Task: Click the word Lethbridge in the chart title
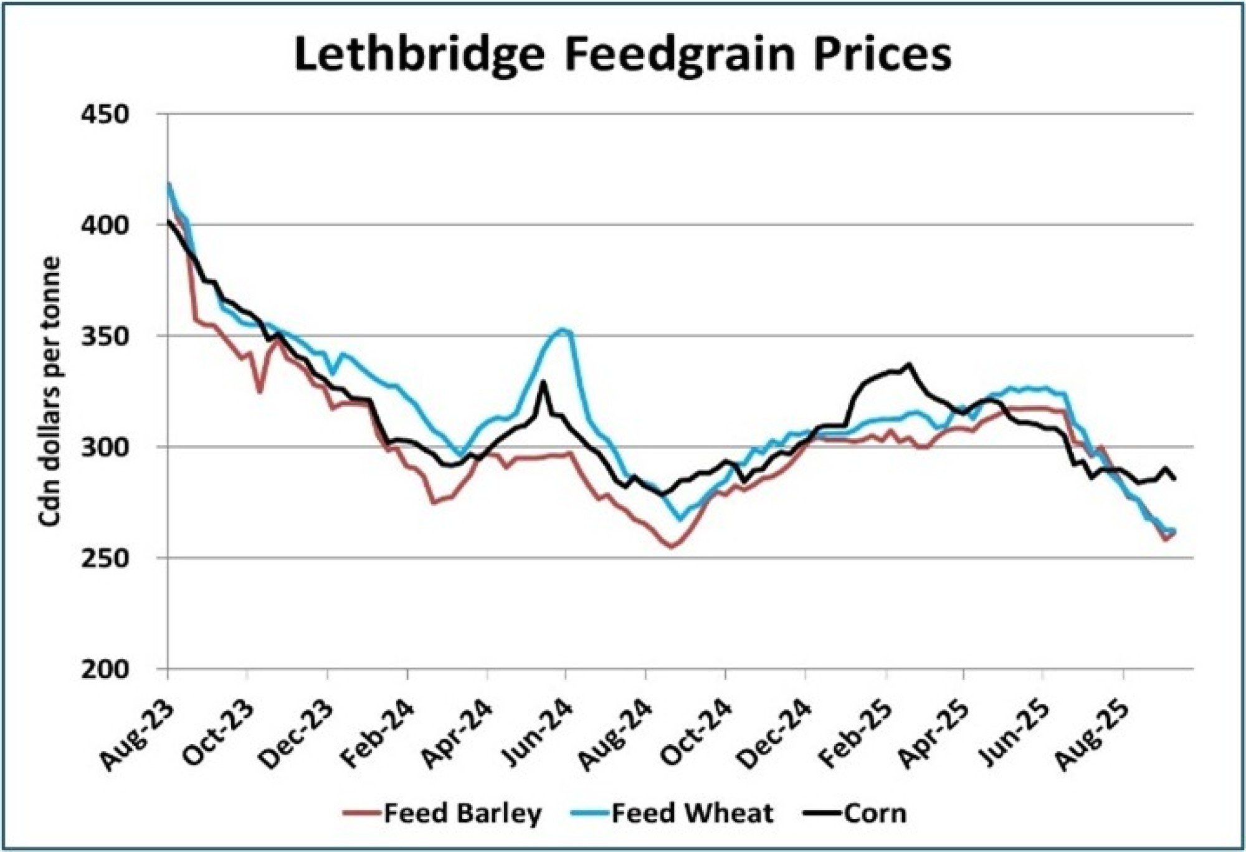419,55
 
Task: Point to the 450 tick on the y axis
105,115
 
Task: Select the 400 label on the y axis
105,226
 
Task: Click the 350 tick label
105,337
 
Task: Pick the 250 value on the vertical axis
105,558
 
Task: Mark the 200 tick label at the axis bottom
105,670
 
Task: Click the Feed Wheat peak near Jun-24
563,330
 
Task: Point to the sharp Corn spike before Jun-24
543,381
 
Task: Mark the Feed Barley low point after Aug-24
672,547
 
